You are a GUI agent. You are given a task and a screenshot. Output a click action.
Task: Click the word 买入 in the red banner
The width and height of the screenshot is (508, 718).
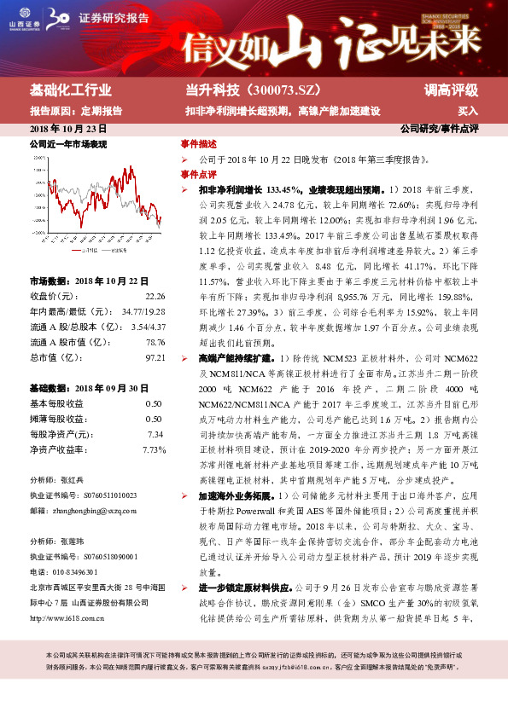[468, 111]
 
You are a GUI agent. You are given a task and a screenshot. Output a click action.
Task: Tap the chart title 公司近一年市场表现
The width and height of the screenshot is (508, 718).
[68, 145]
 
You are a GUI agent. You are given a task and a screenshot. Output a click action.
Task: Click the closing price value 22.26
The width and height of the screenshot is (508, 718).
[154, 296]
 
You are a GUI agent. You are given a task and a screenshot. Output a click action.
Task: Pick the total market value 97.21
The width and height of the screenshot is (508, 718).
[154, 357]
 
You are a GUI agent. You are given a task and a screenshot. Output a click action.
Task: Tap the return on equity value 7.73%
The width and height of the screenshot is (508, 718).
[154, 449]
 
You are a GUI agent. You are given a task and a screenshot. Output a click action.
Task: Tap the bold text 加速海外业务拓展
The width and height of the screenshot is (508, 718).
[235, 495]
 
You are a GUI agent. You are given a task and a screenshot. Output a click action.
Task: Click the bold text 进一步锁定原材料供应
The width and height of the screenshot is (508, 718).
[245, 588]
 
